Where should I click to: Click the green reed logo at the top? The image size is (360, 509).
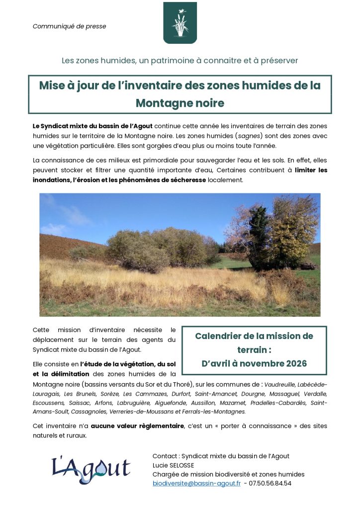pyautogui.click(x=180, y=23)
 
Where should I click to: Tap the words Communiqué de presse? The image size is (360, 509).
pyautogui.click(x=69, y=26)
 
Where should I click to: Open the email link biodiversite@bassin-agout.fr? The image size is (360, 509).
pyautogui.click(x=196, y=483)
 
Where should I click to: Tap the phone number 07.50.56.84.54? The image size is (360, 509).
pyautogui.click(x=270, y=483)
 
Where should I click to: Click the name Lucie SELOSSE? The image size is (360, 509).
pyautogui.click(x=173, y=465)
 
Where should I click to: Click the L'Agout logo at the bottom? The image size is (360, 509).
pyautogui.click(x=90, y=470)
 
